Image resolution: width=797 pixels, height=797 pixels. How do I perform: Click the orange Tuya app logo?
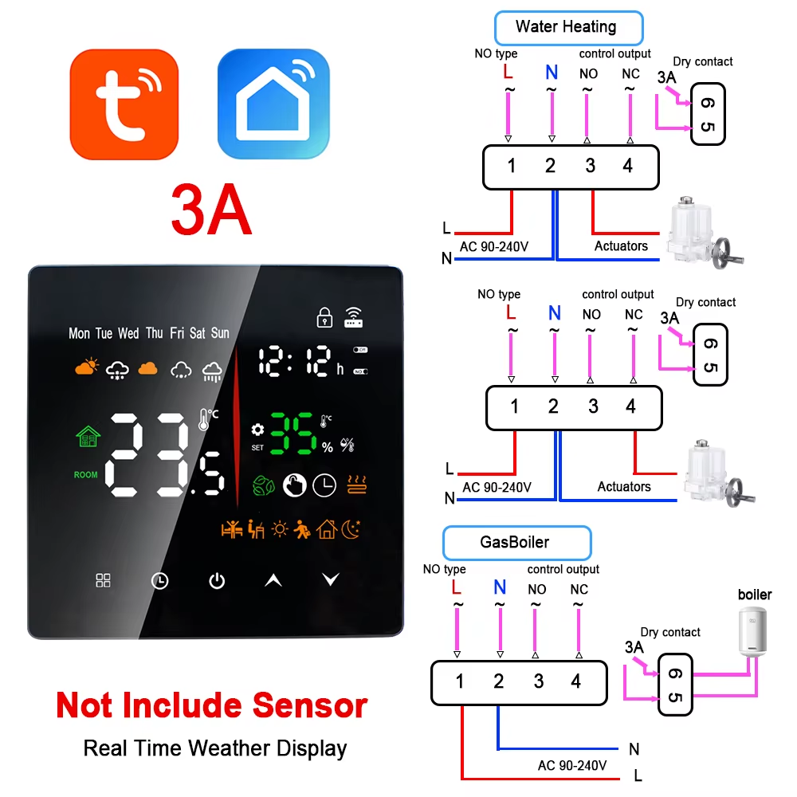(124, 104)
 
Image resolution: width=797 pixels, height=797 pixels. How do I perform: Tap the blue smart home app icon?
(273, 104)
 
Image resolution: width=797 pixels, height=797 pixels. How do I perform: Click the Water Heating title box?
(567, 27)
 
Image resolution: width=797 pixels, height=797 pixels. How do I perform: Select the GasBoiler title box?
(515, 543)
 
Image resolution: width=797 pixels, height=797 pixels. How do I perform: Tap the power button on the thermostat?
(217, 581)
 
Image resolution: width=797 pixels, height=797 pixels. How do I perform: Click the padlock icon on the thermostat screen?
(324, 317)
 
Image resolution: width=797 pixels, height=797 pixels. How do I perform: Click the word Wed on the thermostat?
(128, 333)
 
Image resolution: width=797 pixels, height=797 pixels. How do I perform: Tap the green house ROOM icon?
(88, 437)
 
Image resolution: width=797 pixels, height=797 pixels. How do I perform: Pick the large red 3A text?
(211, 210)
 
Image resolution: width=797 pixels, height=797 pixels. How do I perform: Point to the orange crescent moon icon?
(351, 528)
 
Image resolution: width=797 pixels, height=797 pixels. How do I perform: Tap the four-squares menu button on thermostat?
(104, 580)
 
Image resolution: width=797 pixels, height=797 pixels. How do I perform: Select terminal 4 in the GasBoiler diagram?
(576, 681)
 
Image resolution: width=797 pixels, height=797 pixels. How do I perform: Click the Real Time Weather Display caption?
(215, 748)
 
